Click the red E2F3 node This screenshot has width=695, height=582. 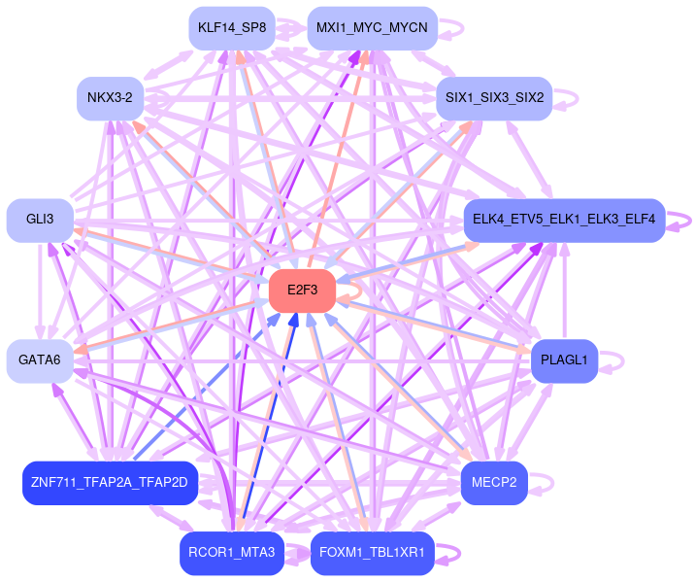coord(302,291)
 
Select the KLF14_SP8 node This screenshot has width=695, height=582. coord(231,27)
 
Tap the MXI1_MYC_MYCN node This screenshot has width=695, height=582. coord(372,27)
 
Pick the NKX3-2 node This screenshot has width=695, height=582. coord(111,97)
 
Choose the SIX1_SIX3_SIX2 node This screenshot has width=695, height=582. coord(494,97)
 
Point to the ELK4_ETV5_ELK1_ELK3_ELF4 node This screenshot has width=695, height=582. coord(564,220)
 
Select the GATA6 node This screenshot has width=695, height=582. coord(40,360)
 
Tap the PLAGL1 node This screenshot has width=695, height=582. coord(564,360)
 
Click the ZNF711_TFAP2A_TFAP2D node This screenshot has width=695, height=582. coord(111,483)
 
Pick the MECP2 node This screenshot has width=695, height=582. coord(494,483)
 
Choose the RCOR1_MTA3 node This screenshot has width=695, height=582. coord(231,553)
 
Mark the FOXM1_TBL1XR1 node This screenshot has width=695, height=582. coord(372,553)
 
